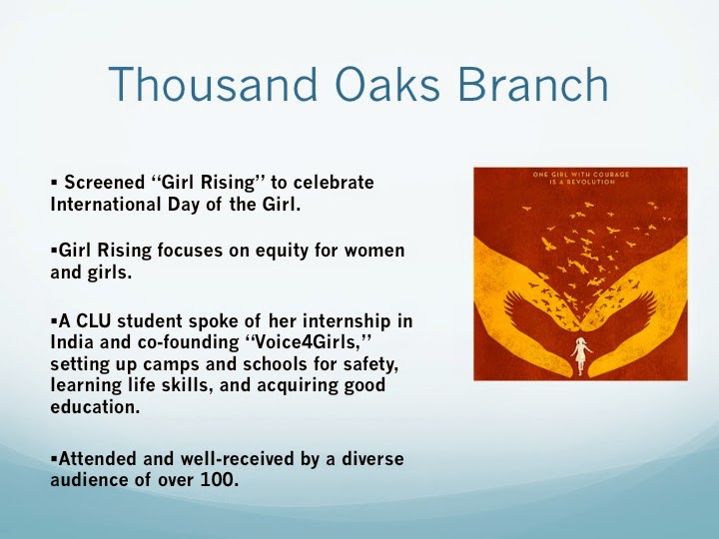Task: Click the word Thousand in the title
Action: pos(213,84)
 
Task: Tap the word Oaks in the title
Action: pos(387,84)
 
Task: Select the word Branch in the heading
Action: pos(533,84)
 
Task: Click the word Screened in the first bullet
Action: pos(105,183)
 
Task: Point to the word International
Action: pos(106,204)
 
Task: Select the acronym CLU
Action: pos(94,320)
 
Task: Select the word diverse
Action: pos(372,458)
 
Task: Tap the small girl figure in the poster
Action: pos(580,355)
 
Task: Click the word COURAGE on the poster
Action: pos(611,174)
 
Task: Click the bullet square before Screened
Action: pos(54,183)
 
